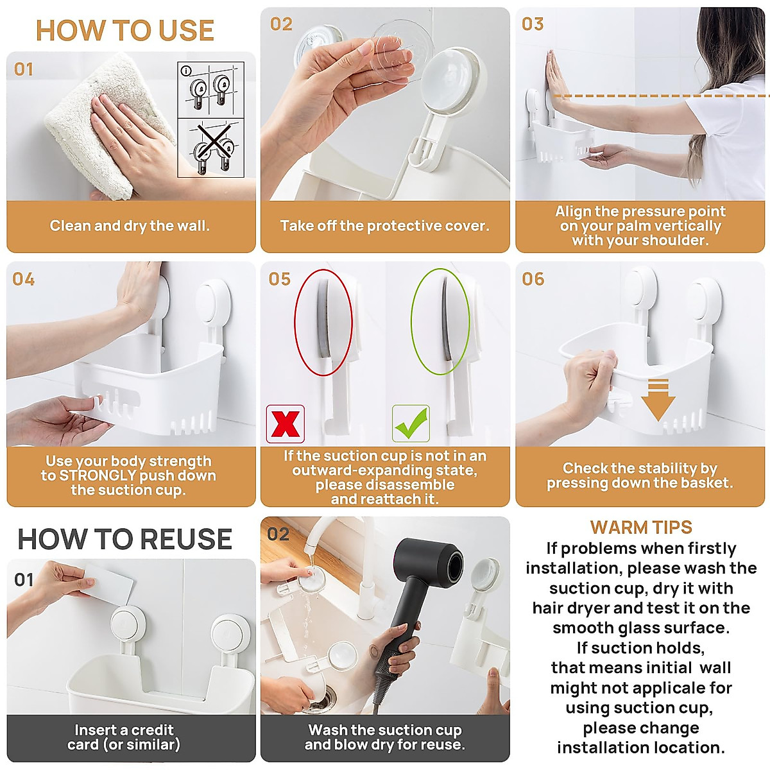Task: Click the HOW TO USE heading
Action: pos(125,31)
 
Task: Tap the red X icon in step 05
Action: pos(286,424)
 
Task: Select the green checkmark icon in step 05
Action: pos(411,424)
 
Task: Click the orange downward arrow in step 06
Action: pos(658,399)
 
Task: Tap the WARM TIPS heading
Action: pos(641,527)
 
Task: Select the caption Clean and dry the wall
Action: pos(130,226)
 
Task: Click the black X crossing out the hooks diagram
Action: pos(211,144)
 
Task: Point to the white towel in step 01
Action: pos(96,122)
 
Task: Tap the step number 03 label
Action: pos(533,24)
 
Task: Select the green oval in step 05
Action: pos(440,321)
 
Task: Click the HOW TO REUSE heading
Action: pos(125,539)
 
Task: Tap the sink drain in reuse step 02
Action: pos(321,699)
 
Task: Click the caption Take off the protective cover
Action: pos(384,226)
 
